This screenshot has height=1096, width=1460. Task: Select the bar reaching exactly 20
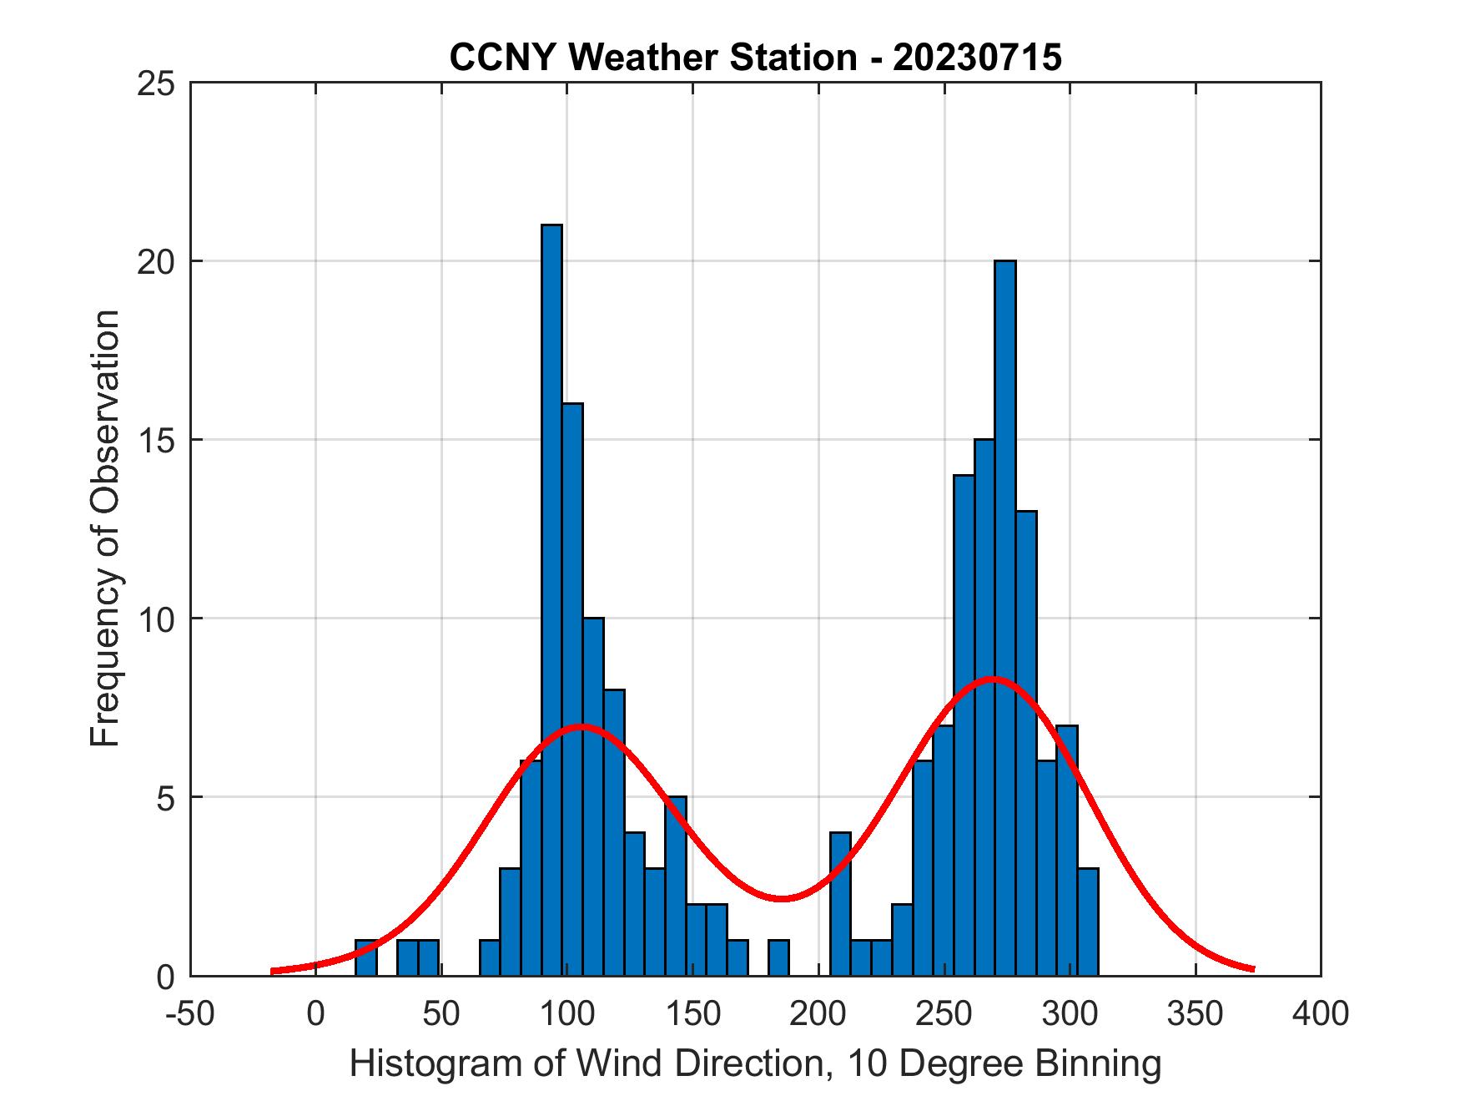click(x=1004, y=618)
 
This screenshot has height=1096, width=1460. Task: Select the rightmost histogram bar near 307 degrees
click(x=1087, y=922)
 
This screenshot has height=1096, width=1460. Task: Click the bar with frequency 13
click(x=1025, y=743)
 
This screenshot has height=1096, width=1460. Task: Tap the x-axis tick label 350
click(x=1196, y=1014)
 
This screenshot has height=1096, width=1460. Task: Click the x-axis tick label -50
click(x=191, y=1014)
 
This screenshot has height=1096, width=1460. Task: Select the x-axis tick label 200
click(x=818, y=1014)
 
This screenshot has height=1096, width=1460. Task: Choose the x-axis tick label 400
click(x=1321, y=1014)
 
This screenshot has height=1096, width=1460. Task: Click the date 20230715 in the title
click(x=977, y=58)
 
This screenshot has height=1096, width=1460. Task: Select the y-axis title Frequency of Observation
click(x=107, y=529)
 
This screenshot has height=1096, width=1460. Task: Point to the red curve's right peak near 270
click(x=993, y=679)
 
